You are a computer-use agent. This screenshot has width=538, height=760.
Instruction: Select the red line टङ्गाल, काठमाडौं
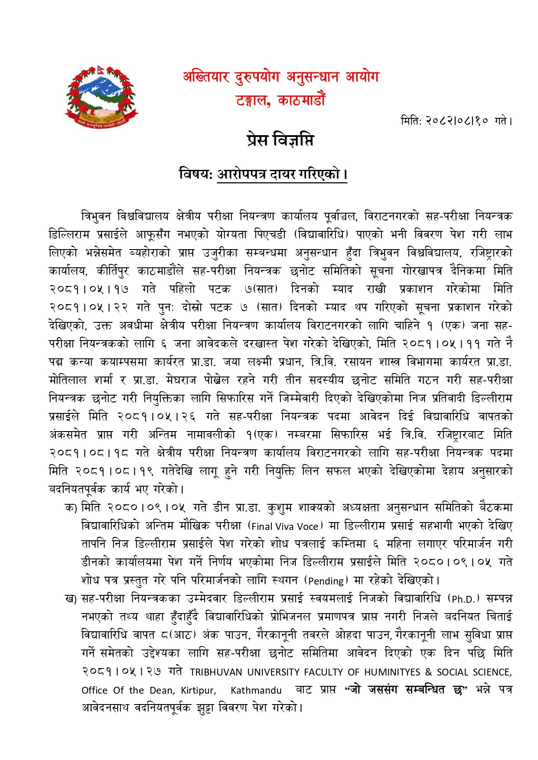pyautogui.click(x=280, y=101)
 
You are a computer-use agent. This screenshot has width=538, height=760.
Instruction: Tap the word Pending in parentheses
pyautogui.click(x=326, y=581)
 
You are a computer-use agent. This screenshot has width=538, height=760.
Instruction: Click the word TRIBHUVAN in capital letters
pyautogui.click(x=216, y=672)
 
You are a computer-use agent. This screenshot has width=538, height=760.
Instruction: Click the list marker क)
pyautogui.click(x=71, y=508)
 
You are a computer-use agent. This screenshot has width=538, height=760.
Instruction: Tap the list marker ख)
pyautogui.click(x=71, y=599)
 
